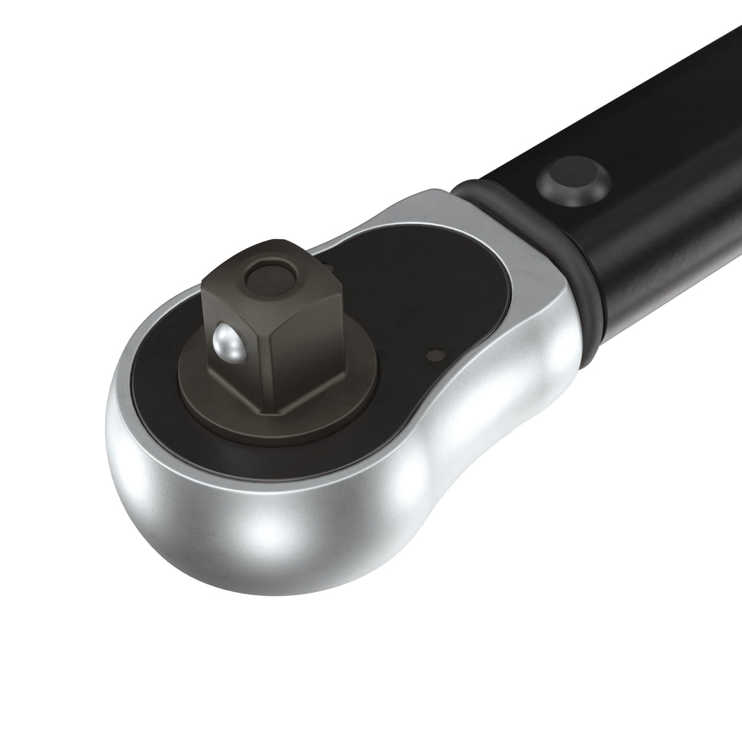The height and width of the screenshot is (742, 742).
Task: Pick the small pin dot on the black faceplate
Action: tap(432, 355)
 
